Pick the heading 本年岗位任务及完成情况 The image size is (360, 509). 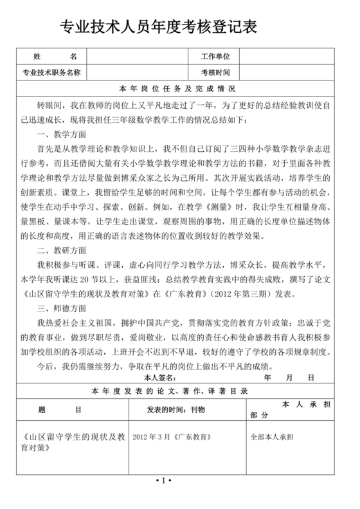(x=178, y=88)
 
